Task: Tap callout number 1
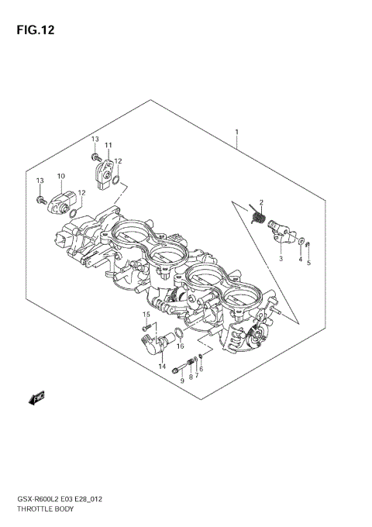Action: tap(236, 133)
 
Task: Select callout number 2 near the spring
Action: tap(261, 202)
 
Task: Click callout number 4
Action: tap(300, 259)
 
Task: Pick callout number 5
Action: tap(308, 263)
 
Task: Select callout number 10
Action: tap(60, 177)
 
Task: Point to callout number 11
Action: tap(108, 146)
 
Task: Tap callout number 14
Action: tap(162, 366)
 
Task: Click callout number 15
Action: tap(145, 314)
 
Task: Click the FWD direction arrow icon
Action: tap(36, 398)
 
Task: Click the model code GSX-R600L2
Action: tap(32, 501)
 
